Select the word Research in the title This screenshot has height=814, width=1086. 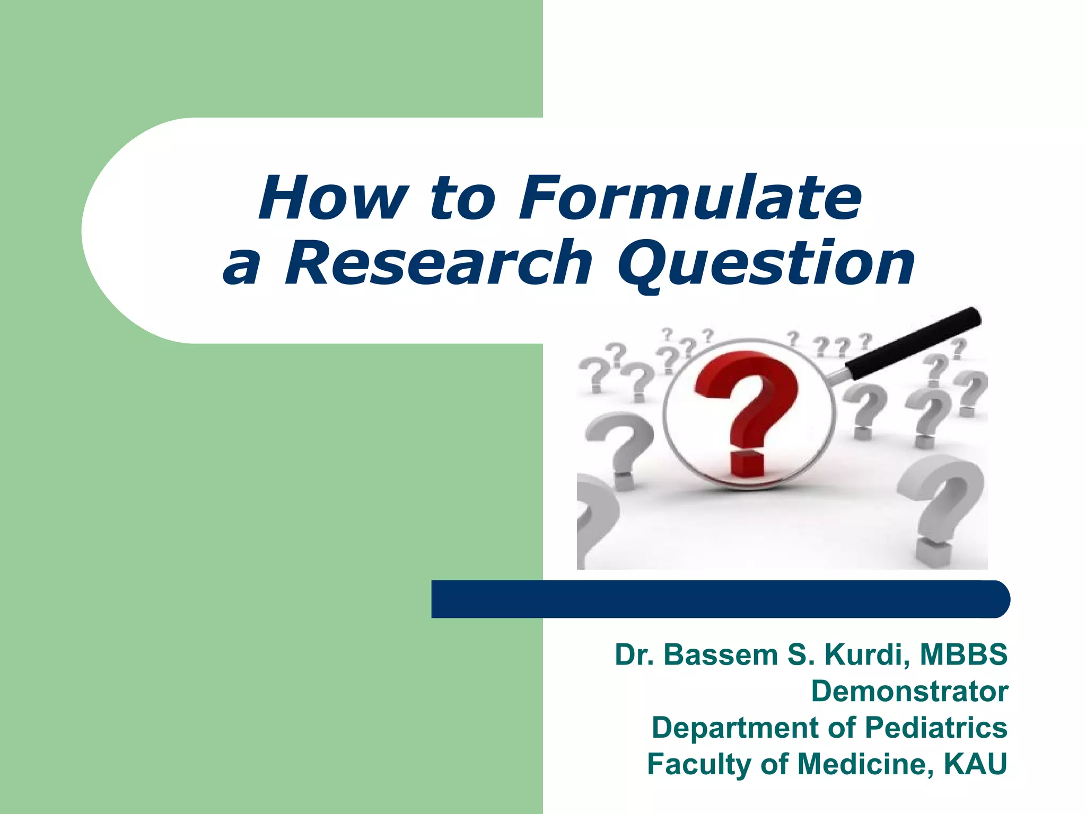pyautogui.click(x=438, y=263)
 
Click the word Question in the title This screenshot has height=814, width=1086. pyautogui.click(x=766, y=263)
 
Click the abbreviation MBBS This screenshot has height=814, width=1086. pyautogui.click(x=963, y=654)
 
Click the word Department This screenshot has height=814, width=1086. pyautogui.click(x=735, y=727)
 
